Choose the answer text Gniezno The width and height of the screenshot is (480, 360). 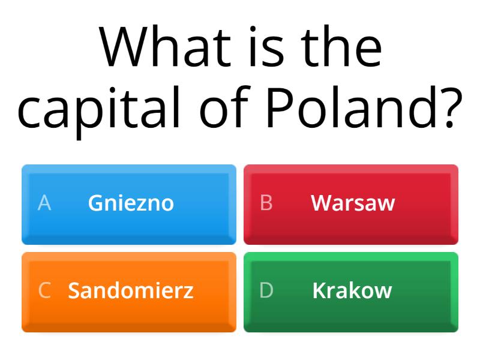point(131,203)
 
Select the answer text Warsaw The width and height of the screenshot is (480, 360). point(353,203)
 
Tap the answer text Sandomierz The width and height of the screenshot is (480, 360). point(131,290)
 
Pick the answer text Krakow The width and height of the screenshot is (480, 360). point(352,290)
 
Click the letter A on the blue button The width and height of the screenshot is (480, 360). point(44,203)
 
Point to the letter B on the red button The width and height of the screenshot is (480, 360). point(266,203)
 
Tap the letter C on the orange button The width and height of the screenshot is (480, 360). point(44,290)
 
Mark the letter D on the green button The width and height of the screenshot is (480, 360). point(266,290)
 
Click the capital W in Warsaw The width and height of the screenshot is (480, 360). point(320,203)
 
